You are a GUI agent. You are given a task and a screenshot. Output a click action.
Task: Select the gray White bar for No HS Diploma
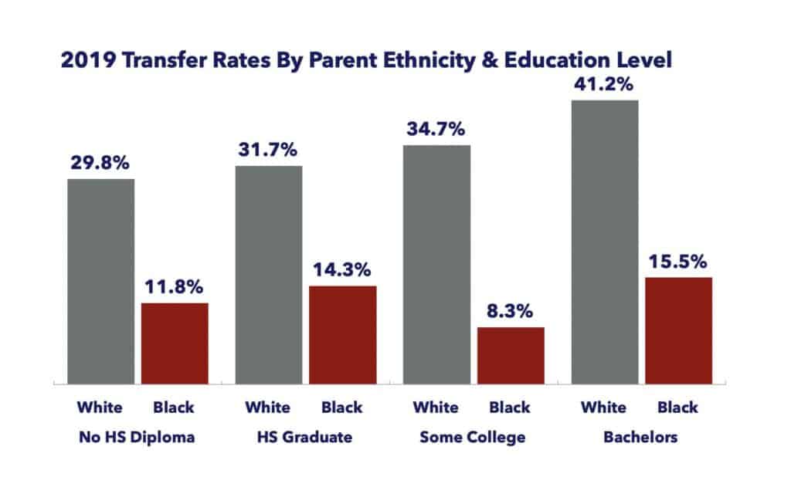[100, 281]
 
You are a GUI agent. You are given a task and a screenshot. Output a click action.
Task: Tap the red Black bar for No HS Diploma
[175, 343]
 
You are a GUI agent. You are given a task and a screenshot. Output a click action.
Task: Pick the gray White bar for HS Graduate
[268, 275]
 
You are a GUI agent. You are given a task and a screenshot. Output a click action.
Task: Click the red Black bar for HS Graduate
[342, 335]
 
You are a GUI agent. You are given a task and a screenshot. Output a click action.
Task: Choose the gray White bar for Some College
[436, 264]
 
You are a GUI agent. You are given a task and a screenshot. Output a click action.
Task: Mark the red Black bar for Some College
[511, 356]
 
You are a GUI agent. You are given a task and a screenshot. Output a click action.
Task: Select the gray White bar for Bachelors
[604, 242]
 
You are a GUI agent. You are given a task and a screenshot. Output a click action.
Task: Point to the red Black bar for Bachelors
[678, 330]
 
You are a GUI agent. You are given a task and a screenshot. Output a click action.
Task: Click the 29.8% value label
[100, 164]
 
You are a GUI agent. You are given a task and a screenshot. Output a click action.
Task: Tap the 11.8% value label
[175, 288]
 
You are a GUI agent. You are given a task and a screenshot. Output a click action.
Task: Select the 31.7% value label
[268, 150]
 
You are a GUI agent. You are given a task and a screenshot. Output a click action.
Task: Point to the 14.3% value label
[342, 271]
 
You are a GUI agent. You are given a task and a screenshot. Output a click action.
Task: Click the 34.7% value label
[436, 129]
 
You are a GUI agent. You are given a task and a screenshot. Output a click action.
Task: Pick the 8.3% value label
[511, 312]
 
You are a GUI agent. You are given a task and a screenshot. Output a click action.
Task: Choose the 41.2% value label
[604, 85]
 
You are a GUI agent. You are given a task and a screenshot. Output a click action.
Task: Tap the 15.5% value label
[678, 262]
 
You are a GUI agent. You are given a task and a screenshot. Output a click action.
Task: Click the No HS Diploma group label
[137, 438]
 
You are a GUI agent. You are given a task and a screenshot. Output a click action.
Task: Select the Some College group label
[472, 438]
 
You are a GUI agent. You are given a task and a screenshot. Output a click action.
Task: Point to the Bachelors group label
[641, 438]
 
